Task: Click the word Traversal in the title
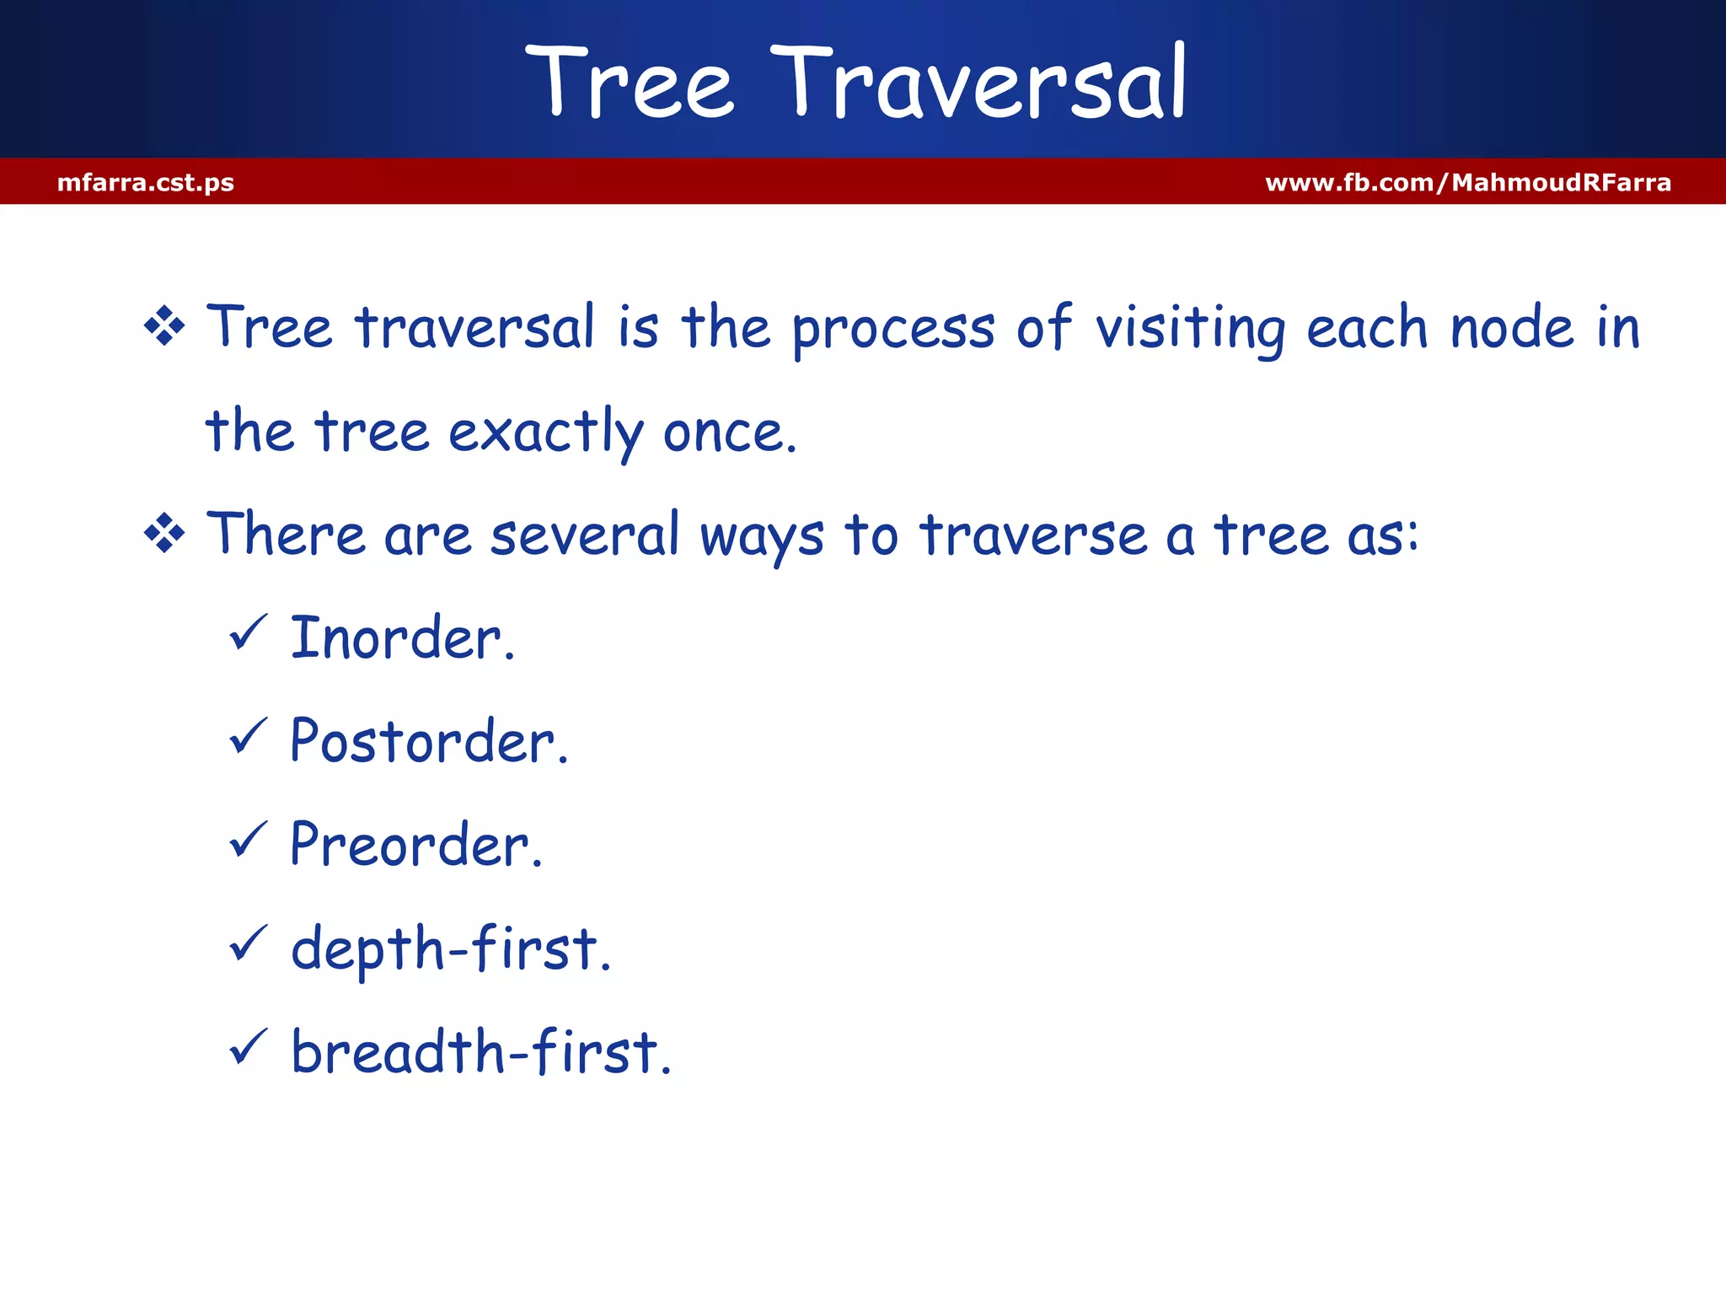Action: (x=978, y=83)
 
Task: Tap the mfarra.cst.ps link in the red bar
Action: (x=146, y=182)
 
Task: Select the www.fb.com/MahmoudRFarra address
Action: (x=1467, y=182)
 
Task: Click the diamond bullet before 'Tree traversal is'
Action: (x=164, y=327)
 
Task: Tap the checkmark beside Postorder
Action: (x=248, y=736)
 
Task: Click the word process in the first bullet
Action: (x=893, y=329)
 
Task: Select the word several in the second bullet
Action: (x=584, y=535)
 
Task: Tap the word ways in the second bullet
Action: (x=761, y=538)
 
